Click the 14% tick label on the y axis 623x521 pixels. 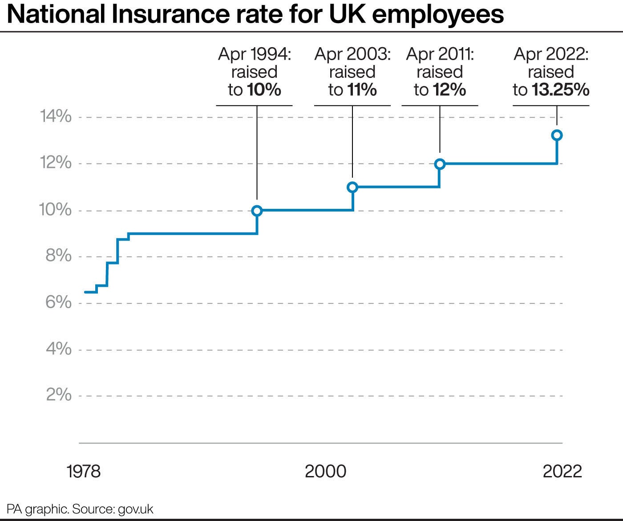pos(56,116)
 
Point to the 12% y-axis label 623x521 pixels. pos(56,163)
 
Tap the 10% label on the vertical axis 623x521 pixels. pos(56,209)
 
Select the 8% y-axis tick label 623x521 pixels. pos(58,256)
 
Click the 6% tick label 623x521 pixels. pos(58,302)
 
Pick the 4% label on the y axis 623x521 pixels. pos(58,349)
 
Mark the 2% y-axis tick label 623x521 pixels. pos(58,395)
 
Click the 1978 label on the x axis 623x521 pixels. pos(84,471)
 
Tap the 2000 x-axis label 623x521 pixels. pos(325,471)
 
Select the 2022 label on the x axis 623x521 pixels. pos(562,471)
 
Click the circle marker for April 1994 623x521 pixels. pos(257,211)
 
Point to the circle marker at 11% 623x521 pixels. pos(352,187)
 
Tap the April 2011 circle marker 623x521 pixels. pos(440,164)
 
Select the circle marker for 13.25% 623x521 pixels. pos(557,135)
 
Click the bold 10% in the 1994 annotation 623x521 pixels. pos(264,90)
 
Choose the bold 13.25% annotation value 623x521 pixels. pos(560,90)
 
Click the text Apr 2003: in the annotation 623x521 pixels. pos(352,54)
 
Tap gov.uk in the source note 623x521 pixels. pos(135,509)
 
